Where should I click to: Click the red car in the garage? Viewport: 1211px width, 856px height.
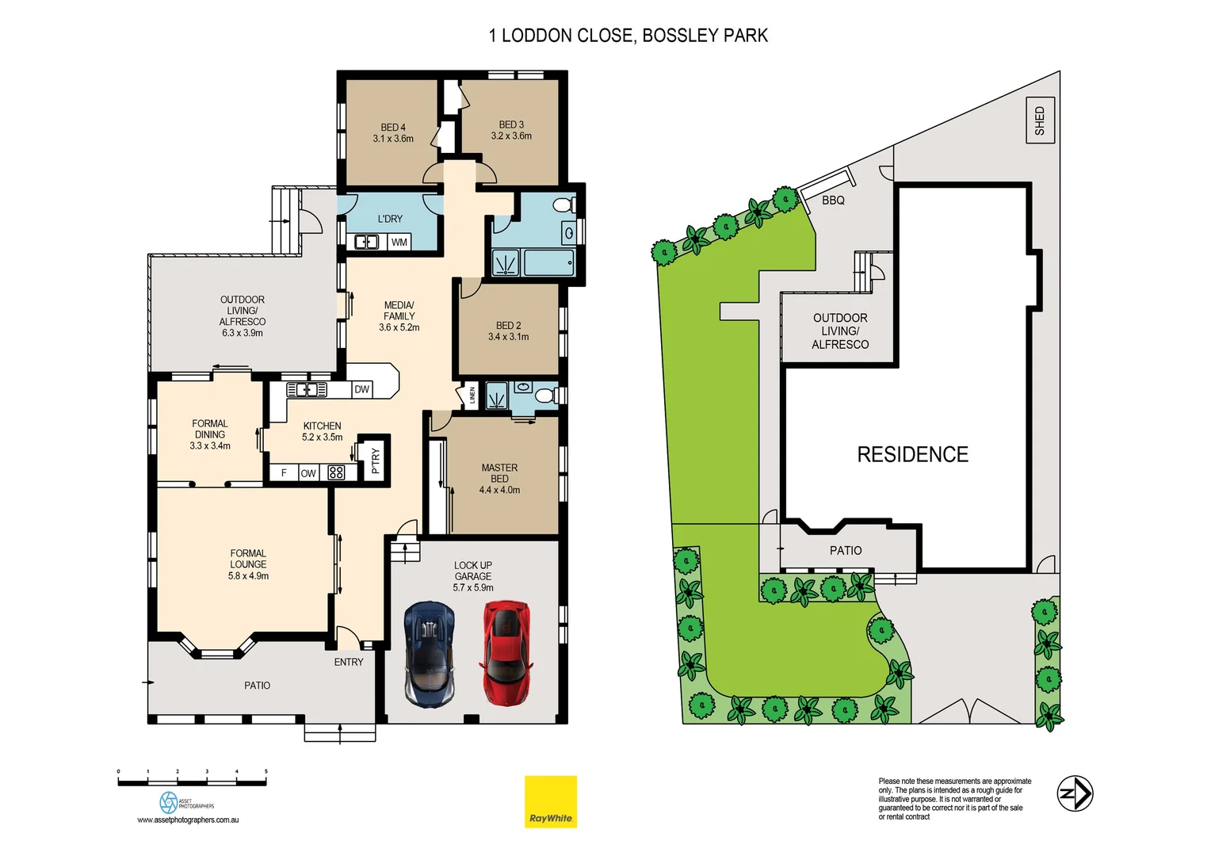coord(505,652)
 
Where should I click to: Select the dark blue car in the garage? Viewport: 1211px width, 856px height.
coord(430,654)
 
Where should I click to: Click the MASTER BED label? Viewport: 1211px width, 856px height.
coord(499,473)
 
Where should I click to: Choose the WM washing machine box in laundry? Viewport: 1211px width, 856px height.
coord(399,243)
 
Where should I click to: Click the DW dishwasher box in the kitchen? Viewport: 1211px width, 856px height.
coord(361,389)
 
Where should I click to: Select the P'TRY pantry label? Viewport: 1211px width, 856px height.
coord(376,460)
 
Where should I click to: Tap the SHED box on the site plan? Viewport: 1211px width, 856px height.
coord(1040,120)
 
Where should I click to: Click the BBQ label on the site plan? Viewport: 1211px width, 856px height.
coord(833,201)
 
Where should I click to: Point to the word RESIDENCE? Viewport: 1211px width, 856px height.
coord(912,455)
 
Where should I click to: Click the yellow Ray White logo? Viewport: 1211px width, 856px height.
coord(551,801)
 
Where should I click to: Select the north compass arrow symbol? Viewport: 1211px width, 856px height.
coord(1075,793)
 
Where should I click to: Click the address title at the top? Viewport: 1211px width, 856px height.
coord(628,36)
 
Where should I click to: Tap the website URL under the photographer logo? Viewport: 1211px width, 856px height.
coord(188,820)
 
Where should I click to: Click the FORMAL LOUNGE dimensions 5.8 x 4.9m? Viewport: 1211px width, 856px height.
coord(248,576)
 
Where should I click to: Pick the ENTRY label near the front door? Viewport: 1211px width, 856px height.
coord(349,662)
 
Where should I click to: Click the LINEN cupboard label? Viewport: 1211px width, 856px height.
coord(472,395)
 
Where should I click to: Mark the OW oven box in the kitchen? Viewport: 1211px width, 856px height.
coord(308,473)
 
